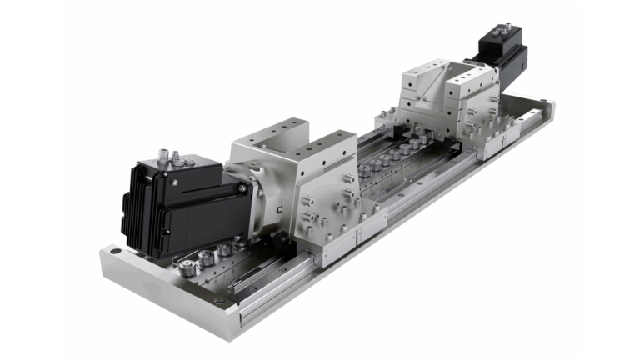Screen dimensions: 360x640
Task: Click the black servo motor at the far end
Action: (503, 52)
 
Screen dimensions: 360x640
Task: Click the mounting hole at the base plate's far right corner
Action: (542, 102)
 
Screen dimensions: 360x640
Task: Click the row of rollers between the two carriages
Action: (392, 157)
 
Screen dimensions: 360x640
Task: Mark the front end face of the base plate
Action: (158, 291)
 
